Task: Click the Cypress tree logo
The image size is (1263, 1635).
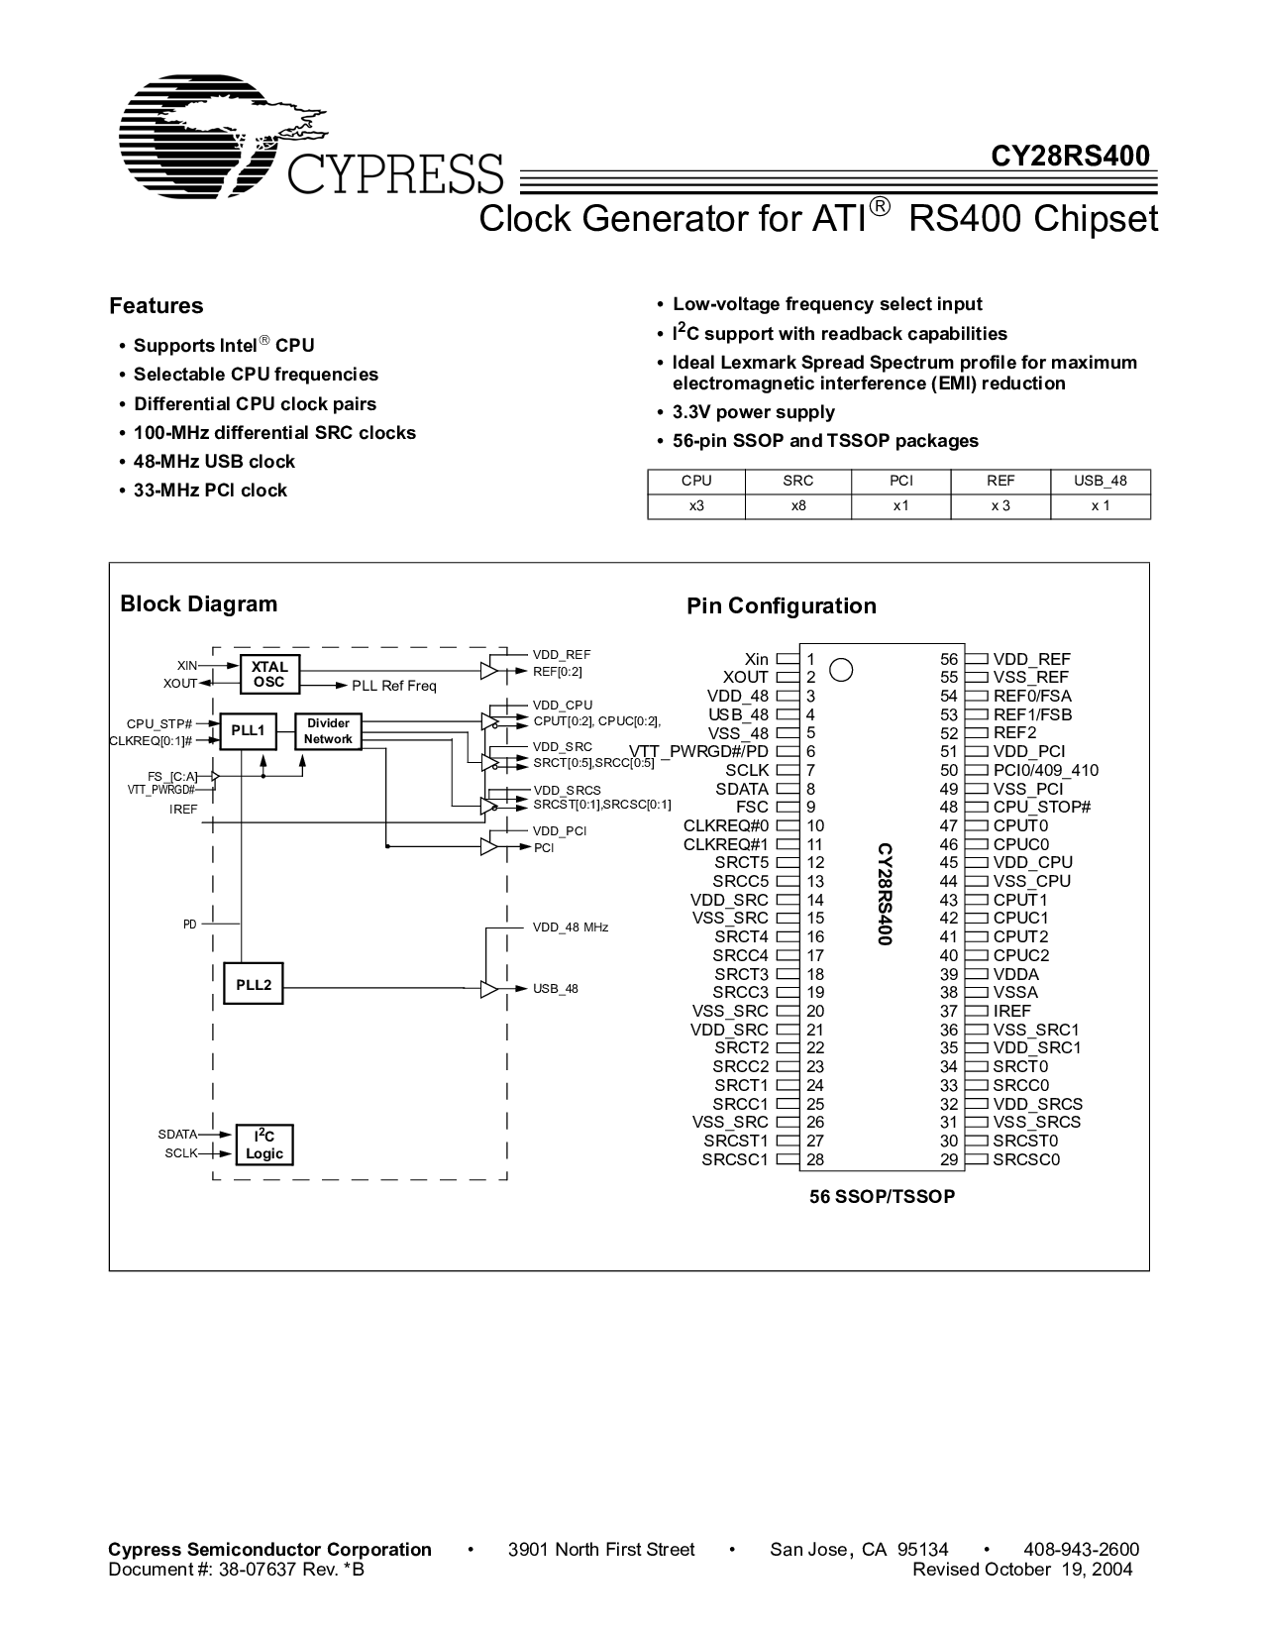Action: click(x=222, y=136)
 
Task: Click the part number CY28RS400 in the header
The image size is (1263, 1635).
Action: click(x=1070, y=156)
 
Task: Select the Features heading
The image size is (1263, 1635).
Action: click(x=156, y=305)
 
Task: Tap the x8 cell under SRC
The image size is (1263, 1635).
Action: click(x=797, y=505)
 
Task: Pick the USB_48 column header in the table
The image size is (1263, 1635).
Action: click(x=1100, y=481)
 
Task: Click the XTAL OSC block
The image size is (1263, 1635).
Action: click(x=269, y=674)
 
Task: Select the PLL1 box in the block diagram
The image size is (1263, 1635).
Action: click(x=248, y=730)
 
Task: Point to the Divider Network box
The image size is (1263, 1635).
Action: click(x=328, y=730)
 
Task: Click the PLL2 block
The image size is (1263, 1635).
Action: click(x=254, y=983)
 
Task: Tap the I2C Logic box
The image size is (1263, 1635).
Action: click(x=264, y=1144)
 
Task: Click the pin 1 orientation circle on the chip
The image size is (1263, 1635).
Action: click(x=840, y=670)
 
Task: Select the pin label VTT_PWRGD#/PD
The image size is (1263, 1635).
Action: click(x=698, y=751)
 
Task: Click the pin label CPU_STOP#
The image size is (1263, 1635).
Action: click(x=1041, y=807)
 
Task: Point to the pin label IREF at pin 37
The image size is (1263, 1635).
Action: click(x=1011, y=1011)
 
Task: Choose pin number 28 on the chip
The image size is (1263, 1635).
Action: click(x=814, y=1158)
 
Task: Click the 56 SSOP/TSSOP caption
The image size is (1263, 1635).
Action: click(x=882, y=1196)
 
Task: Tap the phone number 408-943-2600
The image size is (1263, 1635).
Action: click(x=1081, y=1549)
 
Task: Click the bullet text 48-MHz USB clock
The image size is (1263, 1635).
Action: click(x=214, y=461)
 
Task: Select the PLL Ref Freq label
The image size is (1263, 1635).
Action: click(x=394, y=686)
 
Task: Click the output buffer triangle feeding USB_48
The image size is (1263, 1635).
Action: click(x=489, y=989)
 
